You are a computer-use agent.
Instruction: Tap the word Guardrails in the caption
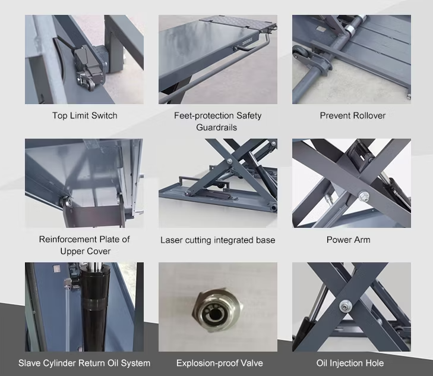click(x=216, y=127)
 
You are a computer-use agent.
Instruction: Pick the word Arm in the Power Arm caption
click(x=362, y=240)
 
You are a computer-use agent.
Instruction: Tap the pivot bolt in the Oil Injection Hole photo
click(x=346, y=306)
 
